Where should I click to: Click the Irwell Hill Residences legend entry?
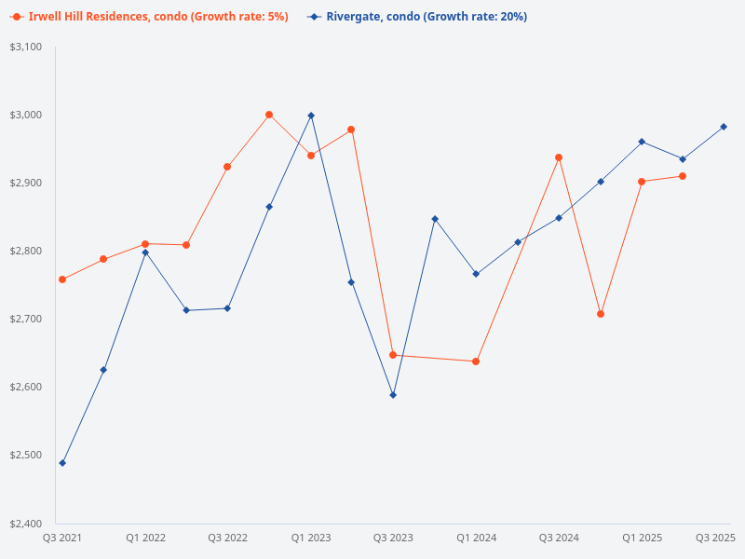(x=149, y=17)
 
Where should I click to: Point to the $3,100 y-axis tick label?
(x=27, y=47)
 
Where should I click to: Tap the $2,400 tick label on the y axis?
(x=27, y=523)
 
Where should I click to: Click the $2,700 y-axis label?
(x=27, y=319)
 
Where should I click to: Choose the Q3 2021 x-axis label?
(x=62, y=538)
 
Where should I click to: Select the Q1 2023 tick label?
(x=311, y=538)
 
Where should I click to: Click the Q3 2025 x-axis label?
(x=715, y=538)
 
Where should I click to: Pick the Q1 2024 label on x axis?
(x=476, y=538)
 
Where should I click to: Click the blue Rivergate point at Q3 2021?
(x=62, y=463)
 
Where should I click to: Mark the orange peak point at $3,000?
(x=269, y=115)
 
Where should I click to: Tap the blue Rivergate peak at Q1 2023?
(x=311, y=116)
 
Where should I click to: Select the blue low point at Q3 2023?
(x=393, y=395)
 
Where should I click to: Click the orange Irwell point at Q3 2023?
(x=393, y=355)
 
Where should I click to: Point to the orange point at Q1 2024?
(x=476, y=361)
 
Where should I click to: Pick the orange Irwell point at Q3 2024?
(x=559, y=157)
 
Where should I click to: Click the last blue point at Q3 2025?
(x=724, y=127)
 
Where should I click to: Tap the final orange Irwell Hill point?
(x=683, y=176)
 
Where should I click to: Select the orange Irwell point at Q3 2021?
(x=62, y=279)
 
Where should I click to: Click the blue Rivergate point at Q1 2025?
(x=642, y=142)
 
